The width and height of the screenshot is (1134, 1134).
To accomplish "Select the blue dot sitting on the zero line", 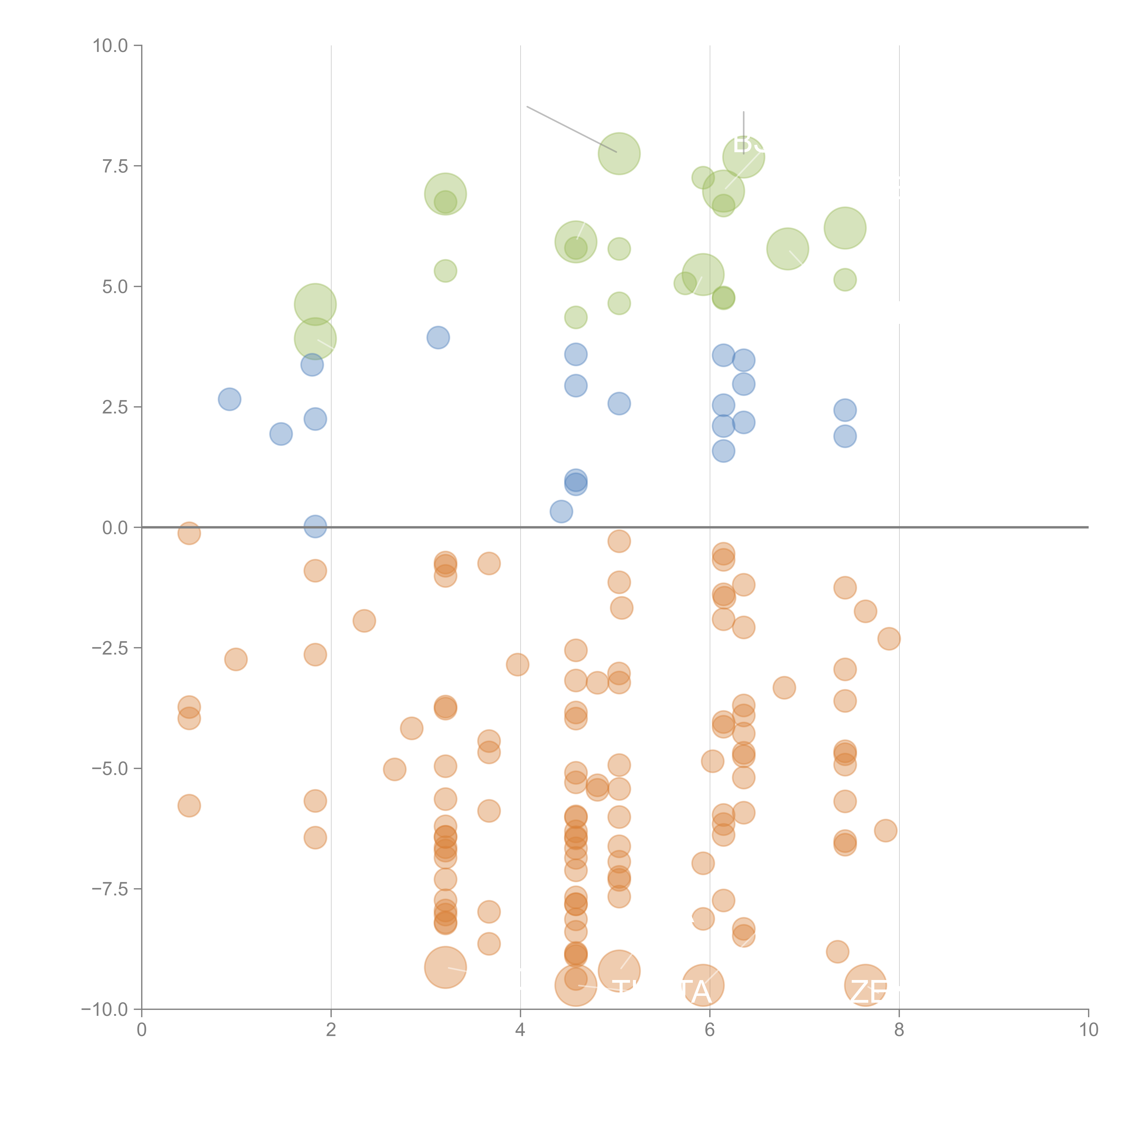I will (x=315, y=526).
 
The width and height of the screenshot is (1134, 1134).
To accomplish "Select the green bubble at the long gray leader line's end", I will (x=619, y=154).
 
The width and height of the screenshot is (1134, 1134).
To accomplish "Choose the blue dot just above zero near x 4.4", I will (x=561, y=511).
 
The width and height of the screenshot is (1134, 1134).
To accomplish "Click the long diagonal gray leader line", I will (x=571, y=129).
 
